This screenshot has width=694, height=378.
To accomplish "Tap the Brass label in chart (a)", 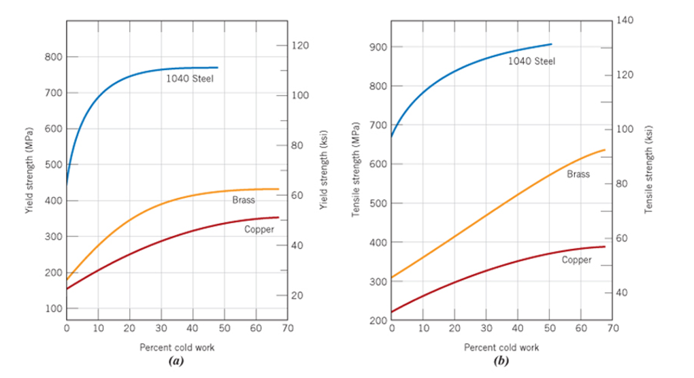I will pyautogui.click(x=243, y=200).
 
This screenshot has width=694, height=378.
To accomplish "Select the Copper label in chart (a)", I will pyautogui.click(x=259, y=229).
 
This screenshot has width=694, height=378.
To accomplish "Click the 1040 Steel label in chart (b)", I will pyautogui.click(x=531, y=61).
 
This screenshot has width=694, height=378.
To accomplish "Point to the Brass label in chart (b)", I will pyautogui.click(x=578, y=174).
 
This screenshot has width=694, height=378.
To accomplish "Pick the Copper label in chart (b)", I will pyautogui.click(x=576, y=260).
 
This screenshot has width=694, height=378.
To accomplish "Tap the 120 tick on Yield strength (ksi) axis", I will pyautogui.click(x=301, y=46).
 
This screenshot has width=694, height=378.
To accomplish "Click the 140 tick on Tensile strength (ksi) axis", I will pyautogui.click(x=626, y=21).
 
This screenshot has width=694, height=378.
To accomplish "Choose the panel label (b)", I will pyautogui.click(x=502, y=361).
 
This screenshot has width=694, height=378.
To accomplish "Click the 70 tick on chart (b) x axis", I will pyautogui.click(x=612, y=329).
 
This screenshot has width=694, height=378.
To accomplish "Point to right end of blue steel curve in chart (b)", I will pyautogui.click(x=551, y=44).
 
